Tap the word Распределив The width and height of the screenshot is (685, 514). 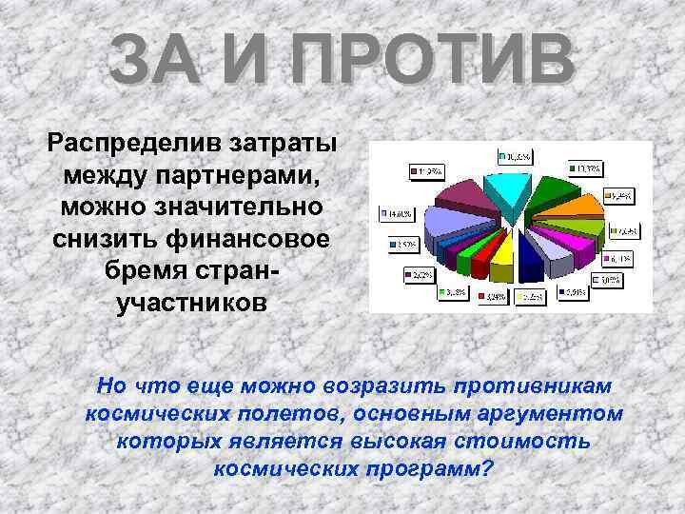click(132, 147)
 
